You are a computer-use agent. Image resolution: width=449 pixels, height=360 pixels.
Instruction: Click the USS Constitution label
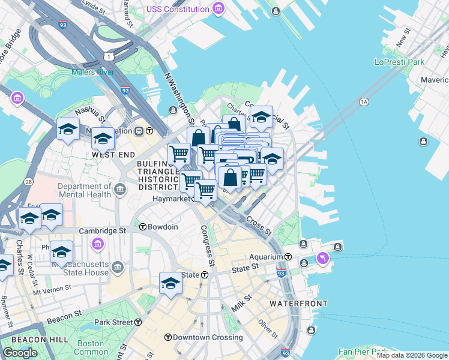tap(178, 9)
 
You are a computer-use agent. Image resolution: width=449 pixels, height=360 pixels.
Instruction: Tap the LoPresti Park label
tap(399, 62)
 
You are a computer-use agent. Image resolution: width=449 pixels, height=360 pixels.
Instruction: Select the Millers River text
tap(92, 73)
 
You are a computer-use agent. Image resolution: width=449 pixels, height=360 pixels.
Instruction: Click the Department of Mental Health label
tap(85, 190)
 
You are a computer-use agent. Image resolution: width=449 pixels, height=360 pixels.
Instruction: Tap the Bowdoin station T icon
tap(143, 227)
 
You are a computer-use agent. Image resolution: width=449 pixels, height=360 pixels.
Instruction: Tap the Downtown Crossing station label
tap(208, 337)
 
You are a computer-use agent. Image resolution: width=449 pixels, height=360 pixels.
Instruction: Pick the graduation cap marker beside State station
tap(170, 283)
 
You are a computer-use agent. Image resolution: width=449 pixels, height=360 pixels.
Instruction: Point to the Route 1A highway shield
tap(363, 102)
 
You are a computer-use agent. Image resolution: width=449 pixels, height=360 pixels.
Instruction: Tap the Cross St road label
tap(259, 226)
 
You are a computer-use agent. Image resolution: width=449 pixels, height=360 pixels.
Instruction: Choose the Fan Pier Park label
tap(362, 352)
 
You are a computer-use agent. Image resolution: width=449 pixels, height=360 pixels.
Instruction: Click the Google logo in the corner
tap(20, 352)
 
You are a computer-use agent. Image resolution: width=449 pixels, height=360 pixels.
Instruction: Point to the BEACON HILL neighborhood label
tap(25, 339)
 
